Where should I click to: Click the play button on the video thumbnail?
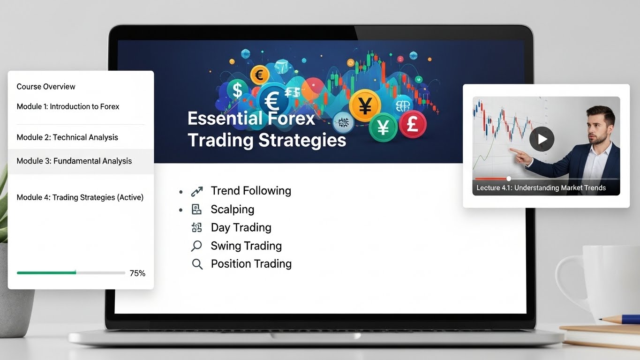[x=542, y=139]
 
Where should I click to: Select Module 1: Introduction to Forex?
[x=68, y=106]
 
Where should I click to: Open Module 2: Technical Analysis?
[x=67, y=137]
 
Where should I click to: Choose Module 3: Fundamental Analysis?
[x=74, y=161]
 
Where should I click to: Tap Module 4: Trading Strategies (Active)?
[x=80, y=197]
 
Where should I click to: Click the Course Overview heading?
[x=46, y=86]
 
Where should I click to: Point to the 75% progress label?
[x=137, y=273]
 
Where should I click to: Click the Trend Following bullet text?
[x=251, y=191]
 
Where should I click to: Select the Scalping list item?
[x=232, y=210]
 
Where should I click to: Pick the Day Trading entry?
[x=241, y=227]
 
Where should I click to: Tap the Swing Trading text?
[x=246, y=246]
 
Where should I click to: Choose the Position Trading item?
[x=251, y=264]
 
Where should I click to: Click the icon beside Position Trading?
[x=197, y=264]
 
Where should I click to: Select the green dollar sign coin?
[x=237, y=89]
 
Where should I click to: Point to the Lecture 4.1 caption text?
[x=541, y=188]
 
